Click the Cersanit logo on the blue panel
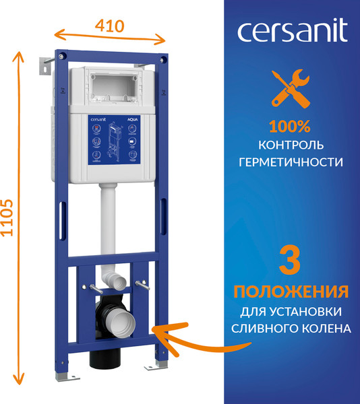tap(291, 31)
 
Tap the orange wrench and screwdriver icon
tap(291, 90)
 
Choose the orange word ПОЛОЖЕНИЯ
tap(291, 292)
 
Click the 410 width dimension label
tap(109, 26)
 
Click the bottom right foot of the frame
tap(162, 364)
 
